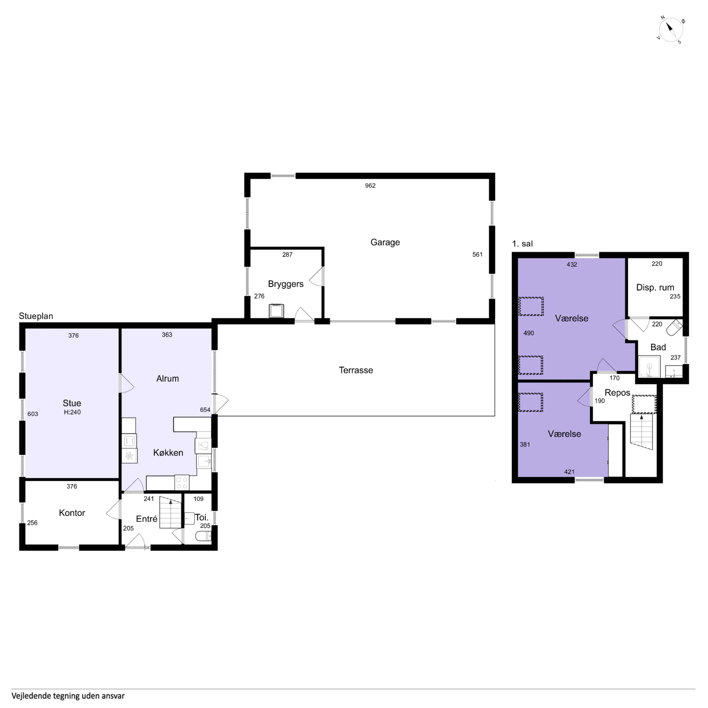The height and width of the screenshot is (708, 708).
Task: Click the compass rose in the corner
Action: (670, 30)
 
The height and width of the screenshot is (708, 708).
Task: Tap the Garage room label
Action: (385, 242)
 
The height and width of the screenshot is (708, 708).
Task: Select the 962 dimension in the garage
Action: (370, 185)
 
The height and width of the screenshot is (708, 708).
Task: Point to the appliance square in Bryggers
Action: (276, 311)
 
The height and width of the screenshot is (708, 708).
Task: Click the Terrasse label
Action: (356, 370)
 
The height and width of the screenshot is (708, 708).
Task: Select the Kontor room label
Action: (72, 513)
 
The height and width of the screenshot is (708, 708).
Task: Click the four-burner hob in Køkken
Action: (182, 482)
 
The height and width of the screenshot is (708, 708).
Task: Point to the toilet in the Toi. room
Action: (203, 537)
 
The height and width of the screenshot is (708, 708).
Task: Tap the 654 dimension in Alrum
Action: (205, 410)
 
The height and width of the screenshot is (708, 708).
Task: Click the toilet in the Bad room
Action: (674, 328)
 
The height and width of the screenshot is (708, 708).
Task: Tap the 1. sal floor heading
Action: (522, 244)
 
